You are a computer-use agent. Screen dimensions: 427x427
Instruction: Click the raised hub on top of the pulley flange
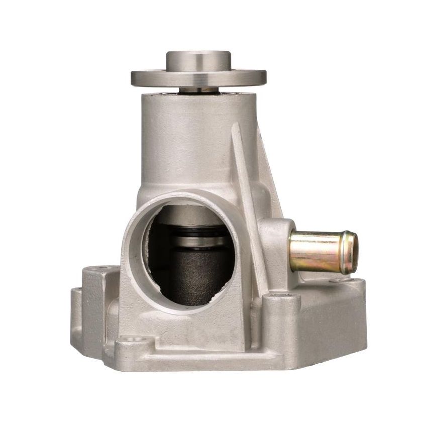198,60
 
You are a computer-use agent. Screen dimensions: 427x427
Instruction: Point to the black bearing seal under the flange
198,91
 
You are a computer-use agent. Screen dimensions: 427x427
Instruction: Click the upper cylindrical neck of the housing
191,136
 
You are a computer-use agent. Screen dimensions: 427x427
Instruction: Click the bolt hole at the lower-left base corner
134,339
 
